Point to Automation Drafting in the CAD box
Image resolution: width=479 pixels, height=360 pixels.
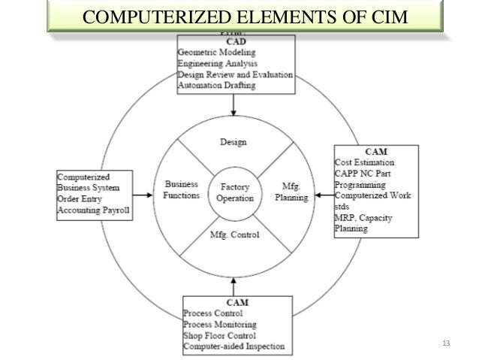point(216,85)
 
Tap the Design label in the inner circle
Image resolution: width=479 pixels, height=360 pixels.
point(233,141)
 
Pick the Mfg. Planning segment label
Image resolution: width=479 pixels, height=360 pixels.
point(289,190)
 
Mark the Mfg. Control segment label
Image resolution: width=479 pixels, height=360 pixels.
point(233,235)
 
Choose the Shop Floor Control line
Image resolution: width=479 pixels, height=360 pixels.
point(220,334)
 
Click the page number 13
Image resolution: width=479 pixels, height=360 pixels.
point(447,344)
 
